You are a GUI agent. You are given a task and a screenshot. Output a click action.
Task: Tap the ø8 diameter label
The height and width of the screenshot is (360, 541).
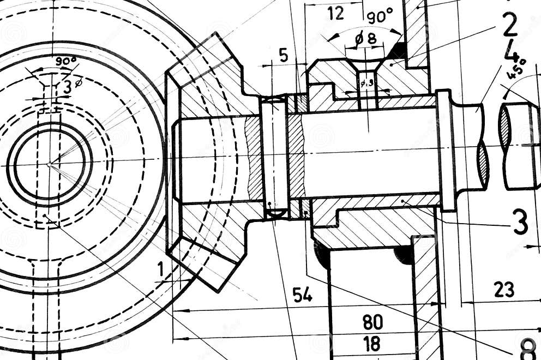tap(365, 39)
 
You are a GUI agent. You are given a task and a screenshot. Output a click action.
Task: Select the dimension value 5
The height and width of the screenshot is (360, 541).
tap(283, 55)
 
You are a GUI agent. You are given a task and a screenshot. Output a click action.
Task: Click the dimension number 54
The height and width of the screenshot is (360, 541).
tap(302, 295)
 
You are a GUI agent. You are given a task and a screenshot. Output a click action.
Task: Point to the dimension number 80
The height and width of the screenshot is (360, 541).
tap(372, 322)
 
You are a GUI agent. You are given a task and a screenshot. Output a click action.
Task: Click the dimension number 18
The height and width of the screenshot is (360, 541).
tap(372, 344)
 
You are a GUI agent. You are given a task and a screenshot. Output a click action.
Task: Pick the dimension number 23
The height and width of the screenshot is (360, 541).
tap(503, 290)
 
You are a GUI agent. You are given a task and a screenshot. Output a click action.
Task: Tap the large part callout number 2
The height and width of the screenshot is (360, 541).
tap(509, 25)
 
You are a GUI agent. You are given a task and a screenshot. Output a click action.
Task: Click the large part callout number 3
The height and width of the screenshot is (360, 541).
tap(520, 223)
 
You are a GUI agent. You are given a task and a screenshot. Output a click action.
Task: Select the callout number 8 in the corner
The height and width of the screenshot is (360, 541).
tap(528, 348)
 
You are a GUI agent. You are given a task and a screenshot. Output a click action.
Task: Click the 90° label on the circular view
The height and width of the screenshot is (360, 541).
tap(65, 61)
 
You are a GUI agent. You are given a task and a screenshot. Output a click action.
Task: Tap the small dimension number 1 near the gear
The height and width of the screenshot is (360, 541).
tap(161, 268)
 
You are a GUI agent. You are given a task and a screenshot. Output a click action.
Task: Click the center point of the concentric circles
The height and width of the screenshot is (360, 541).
tap(49, 164)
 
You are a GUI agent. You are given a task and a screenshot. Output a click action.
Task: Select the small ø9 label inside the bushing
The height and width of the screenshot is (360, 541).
tap(366, 83)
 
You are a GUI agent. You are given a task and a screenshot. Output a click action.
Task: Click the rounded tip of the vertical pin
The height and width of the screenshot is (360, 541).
tap(274, 212)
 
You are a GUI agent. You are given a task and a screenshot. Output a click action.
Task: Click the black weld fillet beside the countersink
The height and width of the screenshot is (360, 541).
tap(396, 51)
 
